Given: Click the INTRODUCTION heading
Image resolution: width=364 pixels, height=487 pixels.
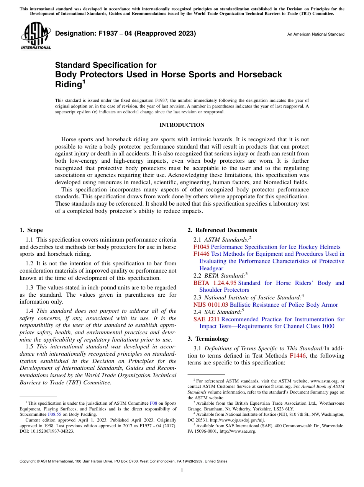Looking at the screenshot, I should tap(182, 125).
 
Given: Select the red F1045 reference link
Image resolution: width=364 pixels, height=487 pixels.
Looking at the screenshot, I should tap(201, 247).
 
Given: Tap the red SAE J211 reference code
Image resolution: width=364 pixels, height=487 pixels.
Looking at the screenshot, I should tap(207, 319).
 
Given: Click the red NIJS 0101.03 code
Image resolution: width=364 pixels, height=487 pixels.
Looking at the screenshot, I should tap(211, 305).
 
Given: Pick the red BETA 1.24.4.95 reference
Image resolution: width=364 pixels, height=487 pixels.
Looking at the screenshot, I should tap(215, 283).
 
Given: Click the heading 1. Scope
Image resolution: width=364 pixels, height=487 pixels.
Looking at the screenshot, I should tap(31, 230).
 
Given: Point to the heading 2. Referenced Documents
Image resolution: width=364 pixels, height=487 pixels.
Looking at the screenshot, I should tap(222, 230).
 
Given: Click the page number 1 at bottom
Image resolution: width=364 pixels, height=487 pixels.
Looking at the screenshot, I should tap(182, 471).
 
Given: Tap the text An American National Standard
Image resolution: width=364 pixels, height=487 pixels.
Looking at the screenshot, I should tap(316, 34).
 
